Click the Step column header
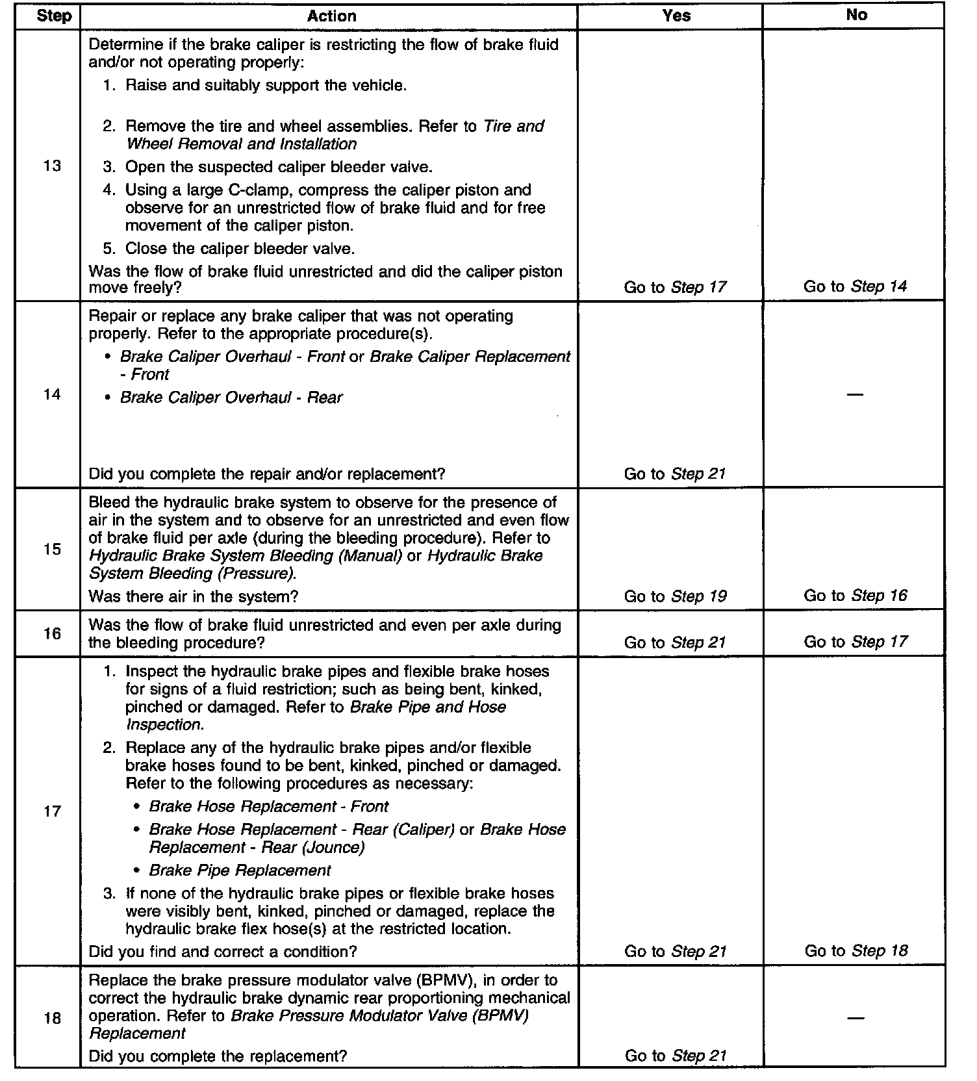click(x=54, y=16)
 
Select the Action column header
click(x=331, y=16)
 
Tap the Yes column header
click(x=676, y=16)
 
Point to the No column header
click(x=856, y=15)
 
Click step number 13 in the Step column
click(x=52, y=166)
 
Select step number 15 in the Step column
click(x=52, y=550)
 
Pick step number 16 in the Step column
click(x=52, y=633)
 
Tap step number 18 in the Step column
click(x=52, y=1019)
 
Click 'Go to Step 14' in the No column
click(x=855, y=286)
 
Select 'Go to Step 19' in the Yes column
click(x=675, y=596)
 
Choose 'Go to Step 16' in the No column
click(x=855, y=596)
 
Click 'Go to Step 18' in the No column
click(x=856, y=951)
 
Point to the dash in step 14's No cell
click(x=856, y=395)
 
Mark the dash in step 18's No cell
click(x=856, y=1018)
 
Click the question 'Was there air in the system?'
click(x=193, y=596)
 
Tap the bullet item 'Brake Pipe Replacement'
click(x=240, y=871)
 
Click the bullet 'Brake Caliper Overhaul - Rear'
click(x=231, y=398)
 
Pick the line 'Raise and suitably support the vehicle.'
click(x=266, y=86)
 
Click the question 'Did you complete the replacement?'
click(x=218, y=1056)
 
